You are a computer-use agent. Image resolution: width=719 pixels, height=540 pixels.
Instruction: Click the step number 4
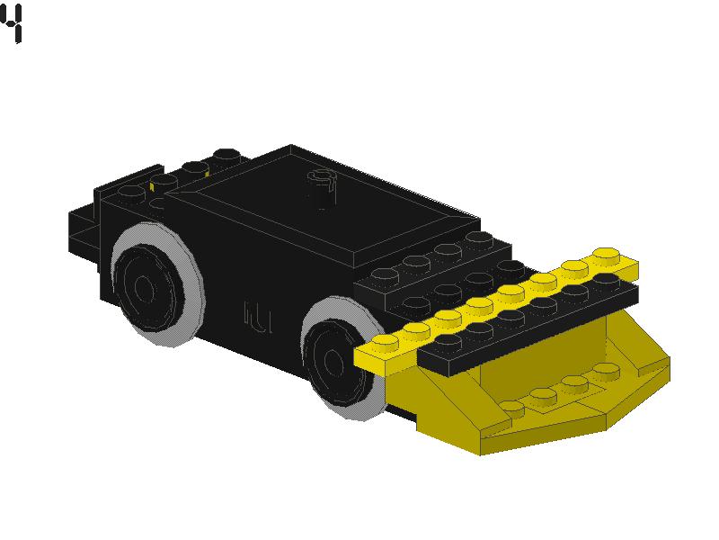(x=12, y=24)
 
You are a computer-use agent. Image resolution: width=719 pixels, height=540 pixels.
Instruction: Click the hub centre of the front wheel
(x=333, y=362)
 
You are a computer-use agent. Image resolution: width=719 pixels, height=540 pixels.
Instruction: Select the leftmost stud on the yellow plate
(x=384, y=342)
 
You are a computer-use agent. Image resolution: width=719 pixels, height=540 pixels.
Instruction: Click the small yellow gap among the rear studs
(x=153, y=187)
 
